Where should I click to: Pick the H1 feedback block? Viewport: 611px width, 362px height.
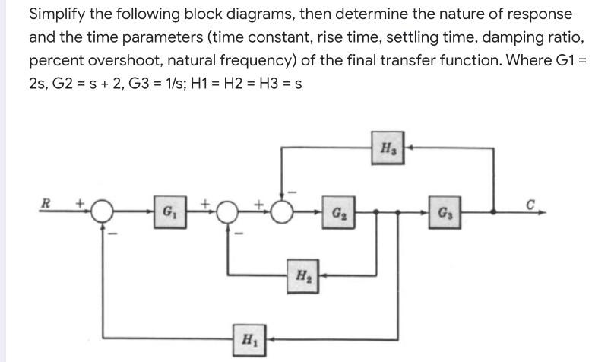[x=249, y=338]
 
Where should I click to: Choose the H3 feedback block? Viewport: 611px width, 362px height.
[x=388, y=148]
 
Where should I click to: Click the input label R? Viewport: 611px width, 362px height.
[x=46, y=203]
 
